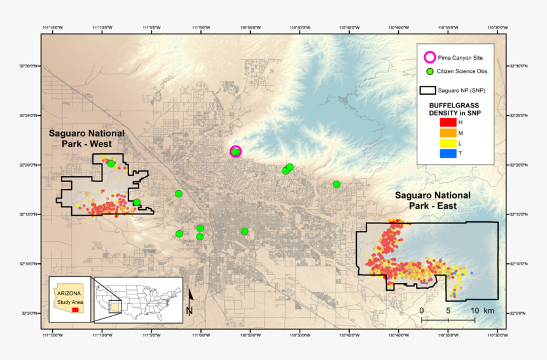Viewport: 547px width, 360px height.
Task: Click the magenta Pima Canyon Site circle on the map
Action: click(x=235, y=151)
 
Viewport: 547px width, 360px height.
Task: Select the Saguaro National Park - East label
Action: click(x=433, y=201)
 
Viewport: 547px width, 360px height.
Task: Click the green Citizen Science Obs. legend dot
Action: click(x=430, y=71)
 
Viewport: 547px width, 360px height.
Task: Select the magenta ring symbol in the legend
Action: click(x=430, y=57)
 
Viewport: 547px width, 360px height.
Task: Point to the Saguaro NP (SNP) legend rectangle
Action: click(x=431, y=90)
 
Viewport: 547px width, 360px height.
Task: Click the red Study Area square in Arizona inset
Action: click(x=76, y=310)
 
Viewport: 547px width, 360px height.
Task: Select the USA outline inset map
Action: click(x=138, y=298)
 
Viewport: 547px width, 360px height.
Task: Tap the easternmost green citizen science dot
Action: click(x=336, y=184)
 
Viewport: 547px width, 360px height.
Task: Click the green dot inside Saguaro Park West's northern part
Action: click(x=111, y=163)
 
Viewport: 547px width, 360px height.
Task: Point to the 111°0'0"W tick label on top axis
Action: click(x=201, y=28)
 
